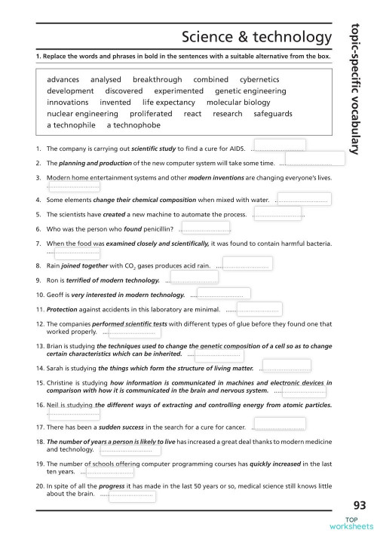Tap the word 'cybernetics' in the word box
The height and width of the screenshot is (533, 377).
[259, 79]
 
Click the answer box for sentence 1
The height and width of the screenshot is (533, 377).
[279, 146]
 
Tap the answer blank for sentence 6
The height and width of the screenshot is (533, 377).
[204, 228]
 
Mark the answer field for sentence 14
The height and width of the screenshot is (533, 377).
[284, 368]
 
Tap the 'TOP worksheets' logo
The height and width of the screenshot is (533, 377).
[358, 523]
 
